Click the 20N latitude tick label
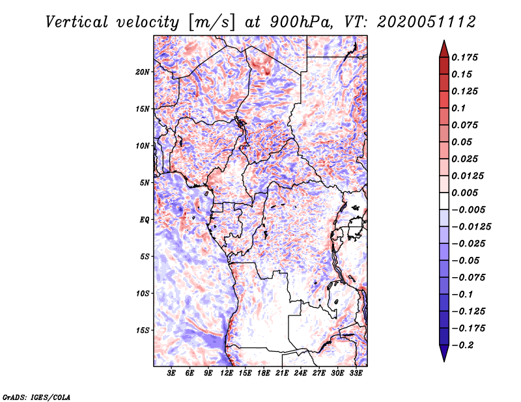(x=143, y=72)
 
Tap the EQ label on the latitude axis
(x=145, y=220)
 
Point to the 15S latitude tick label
(x=143, y=330)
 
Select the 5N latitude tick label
(x=145, y=183)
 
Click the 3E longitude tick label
(x=171, y=373)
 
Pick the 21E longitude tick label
(x=282, y=373)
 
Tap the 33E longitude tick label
(x=356, y=373)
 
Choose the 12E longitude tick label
(x=226, y=373)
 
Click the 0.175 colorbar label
(x=464, y=57)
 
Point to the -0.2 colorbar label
(x=462, y=345)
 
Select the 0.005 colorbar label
(x=464, y=193)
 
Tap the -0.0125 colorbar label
(x=471, y=227)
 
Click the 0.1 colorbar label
(x=458, y=108)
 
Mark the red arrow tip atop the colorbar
(x=444, y=40)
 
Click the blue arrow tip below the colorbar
(x=444, y=361)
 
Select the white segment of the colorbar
(x=444, y=201)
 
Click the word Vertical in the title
(x=77, y=23)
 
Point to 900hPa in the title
(x=301, y=23)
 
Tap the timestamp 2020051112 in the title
(x=427, y=23)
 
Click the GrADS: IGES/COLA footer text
(x=36, y=397)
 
